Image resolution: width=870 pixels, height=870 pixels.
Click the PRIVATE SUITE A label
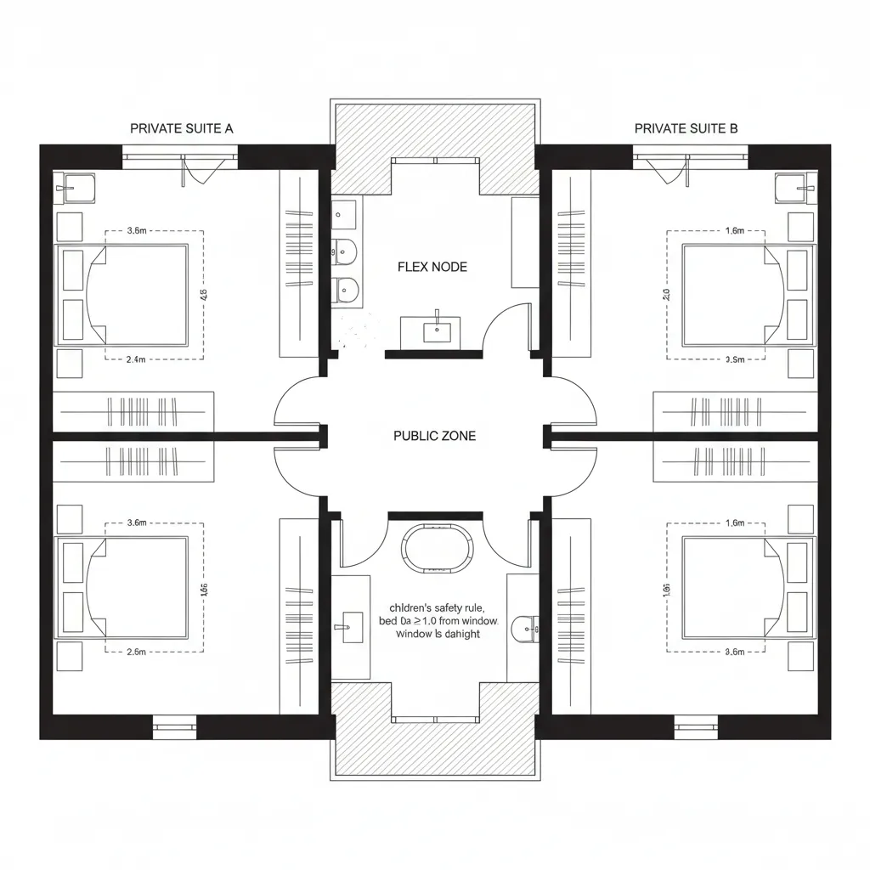tap(181, 128)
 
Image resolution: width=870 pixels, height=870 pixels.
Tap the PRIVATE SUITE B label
tap(686, 128)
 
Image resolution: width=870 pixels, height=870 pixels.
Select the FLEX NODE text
tap(432, 267)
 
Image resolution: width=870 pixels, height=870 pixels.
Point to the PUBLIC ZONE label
tap(435, 436)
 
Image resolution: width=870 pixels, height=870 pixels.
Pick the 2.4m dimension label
tap(136, 359)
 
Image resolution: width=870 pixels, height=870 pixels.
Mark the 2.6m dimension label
tap(136, 652)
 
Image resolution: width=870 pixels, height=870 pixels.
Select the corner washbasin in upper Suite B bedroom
tap(795, 188)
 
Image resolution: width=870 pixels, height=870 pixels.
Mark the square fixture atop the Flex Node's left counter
tap(345, 212)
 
